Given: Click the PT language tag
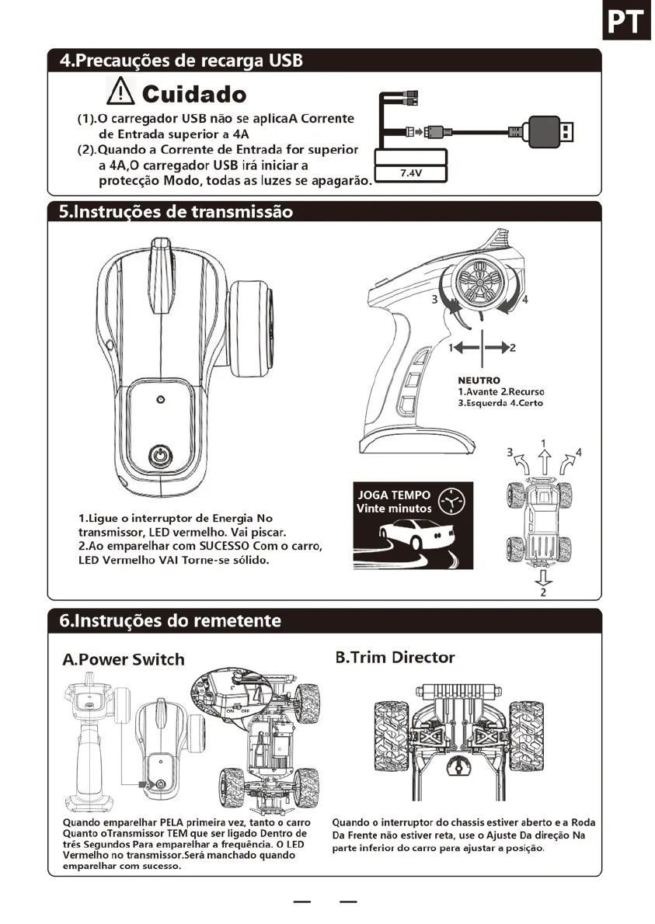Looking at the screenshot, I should click(626, 23).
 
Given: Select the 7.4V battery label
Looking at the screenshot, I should click(409, 172).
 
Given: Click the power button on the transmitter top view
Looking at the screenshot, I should click(160, 454).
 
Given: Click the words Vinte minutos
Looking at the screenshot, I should click(393, 509).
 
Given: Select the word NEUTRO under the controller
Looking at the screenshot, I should click(479, 380).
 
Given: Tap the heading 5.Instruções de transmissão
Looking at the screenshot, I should click(176, 212).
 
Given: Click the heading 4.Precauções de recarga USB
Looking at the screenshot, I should click(182, 61).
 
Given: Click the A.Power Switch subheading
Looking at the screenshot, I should click(124, 660).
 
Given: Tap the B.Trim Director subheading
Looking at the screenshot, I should click(395, 658).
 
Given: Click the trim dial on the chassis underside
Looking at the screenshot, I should click(458, 768).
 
